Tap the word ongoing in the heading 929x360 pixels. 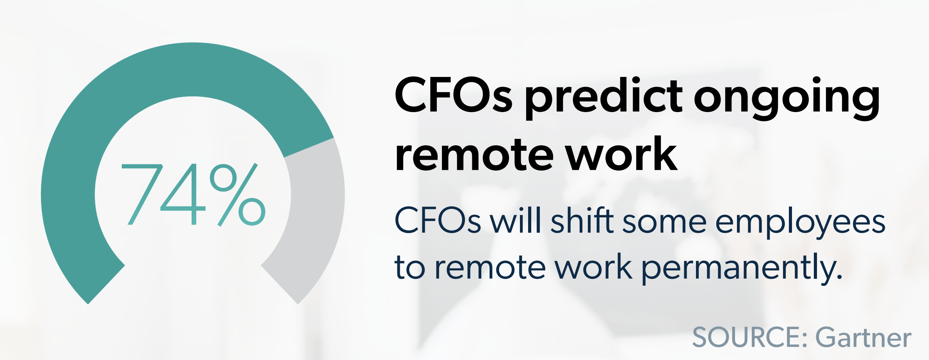click(787, 98)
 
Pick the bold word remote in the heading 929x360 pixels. click(474, 154)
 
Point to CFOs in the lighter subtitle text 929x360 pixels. click(437, 221)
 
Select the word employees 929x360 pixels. click(800, 223)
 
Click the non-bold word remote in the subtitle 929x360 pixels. click(490, 268)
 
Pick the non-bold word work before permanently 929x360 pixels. click(593, 267)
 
